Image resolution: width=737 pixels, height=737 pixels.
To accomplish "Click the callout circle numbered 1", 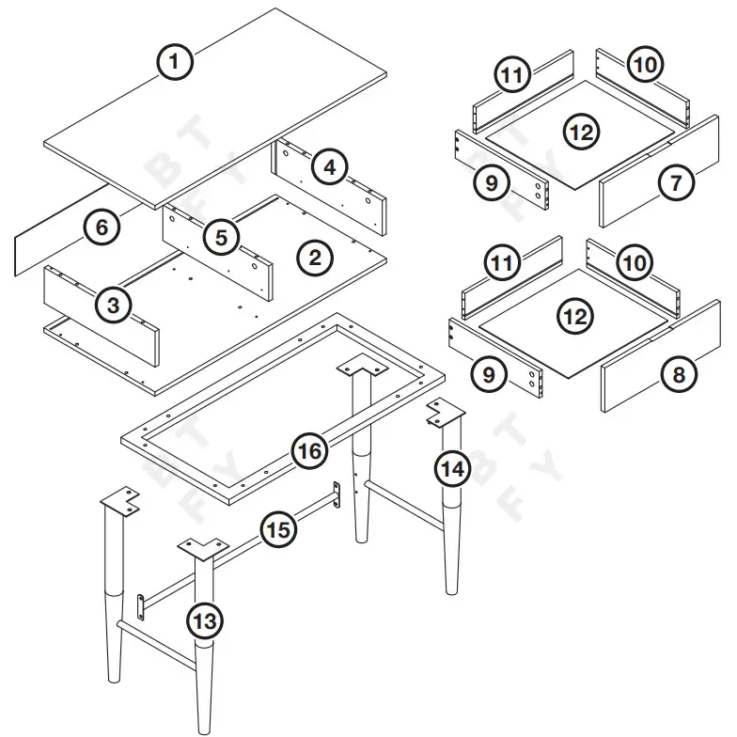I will (x=175, y=63).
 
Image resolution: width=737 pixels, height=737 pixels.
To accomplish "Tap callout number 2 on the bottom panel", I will (x=316, y=257).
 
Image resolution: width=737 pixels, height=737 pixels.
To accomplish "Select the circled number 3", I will (x=113, y=304).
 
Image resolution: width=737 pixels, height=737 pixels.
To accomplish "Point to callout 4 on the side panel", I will (x=327, y=168).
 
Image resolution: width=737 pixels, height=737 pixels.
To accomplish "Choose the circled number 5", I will (x=221, y=237).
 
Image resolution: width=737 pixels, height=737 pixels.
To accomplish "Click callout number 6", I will (x=101, y=227).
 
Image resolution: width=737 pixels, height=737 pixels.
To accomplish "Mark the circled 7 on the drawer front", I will (x=676, y=183).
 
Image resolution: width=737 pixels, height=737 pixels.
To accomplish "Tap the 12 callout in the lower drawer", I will (x=575, y=317).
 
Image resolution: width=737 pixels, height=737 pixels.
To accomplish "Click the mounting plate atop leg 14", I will (x=446, y=413).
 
